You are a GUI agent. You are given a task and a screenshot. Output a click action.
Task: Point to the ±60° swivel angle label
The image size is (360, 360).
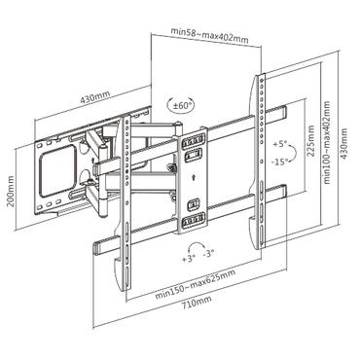point(180,105)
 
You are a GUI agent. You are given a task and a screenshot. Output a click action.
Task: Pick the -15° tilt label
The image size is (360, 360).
point(281,162)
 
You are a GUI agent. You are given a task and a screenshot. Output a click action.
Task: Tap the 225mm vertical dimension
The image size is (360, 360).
point(310,147)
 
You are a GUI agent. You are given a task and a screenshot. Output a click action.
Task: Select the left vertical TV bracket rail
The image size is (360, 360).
point(126,204)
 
